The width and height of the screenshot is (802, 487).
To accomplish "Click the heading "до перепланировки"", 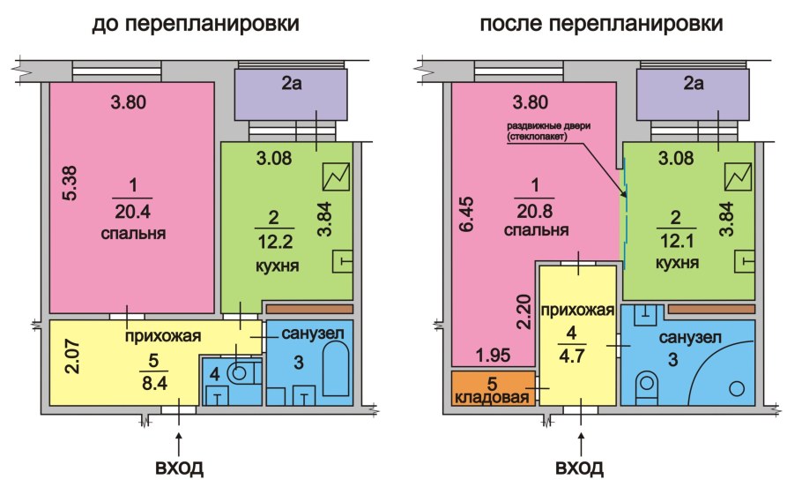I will click(196, 25).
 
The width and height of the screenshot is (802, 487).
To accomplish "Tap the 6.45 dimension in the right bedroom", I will click(467, 214).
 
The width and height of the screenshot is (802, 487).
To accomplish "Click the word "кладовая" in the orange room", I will click(494, 396).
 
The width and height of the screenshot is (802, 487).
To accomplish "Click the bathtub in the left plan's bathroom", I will click(336, 373).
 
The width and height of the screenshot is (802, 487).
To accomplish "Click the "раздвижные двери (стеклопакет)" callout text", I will click(548, 132).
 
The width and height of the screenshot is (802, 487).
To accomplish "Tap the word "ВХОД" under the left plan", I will click(179, 466).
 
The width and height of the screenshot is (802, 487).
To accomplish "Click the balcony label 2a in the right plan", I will click(694, 85).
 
